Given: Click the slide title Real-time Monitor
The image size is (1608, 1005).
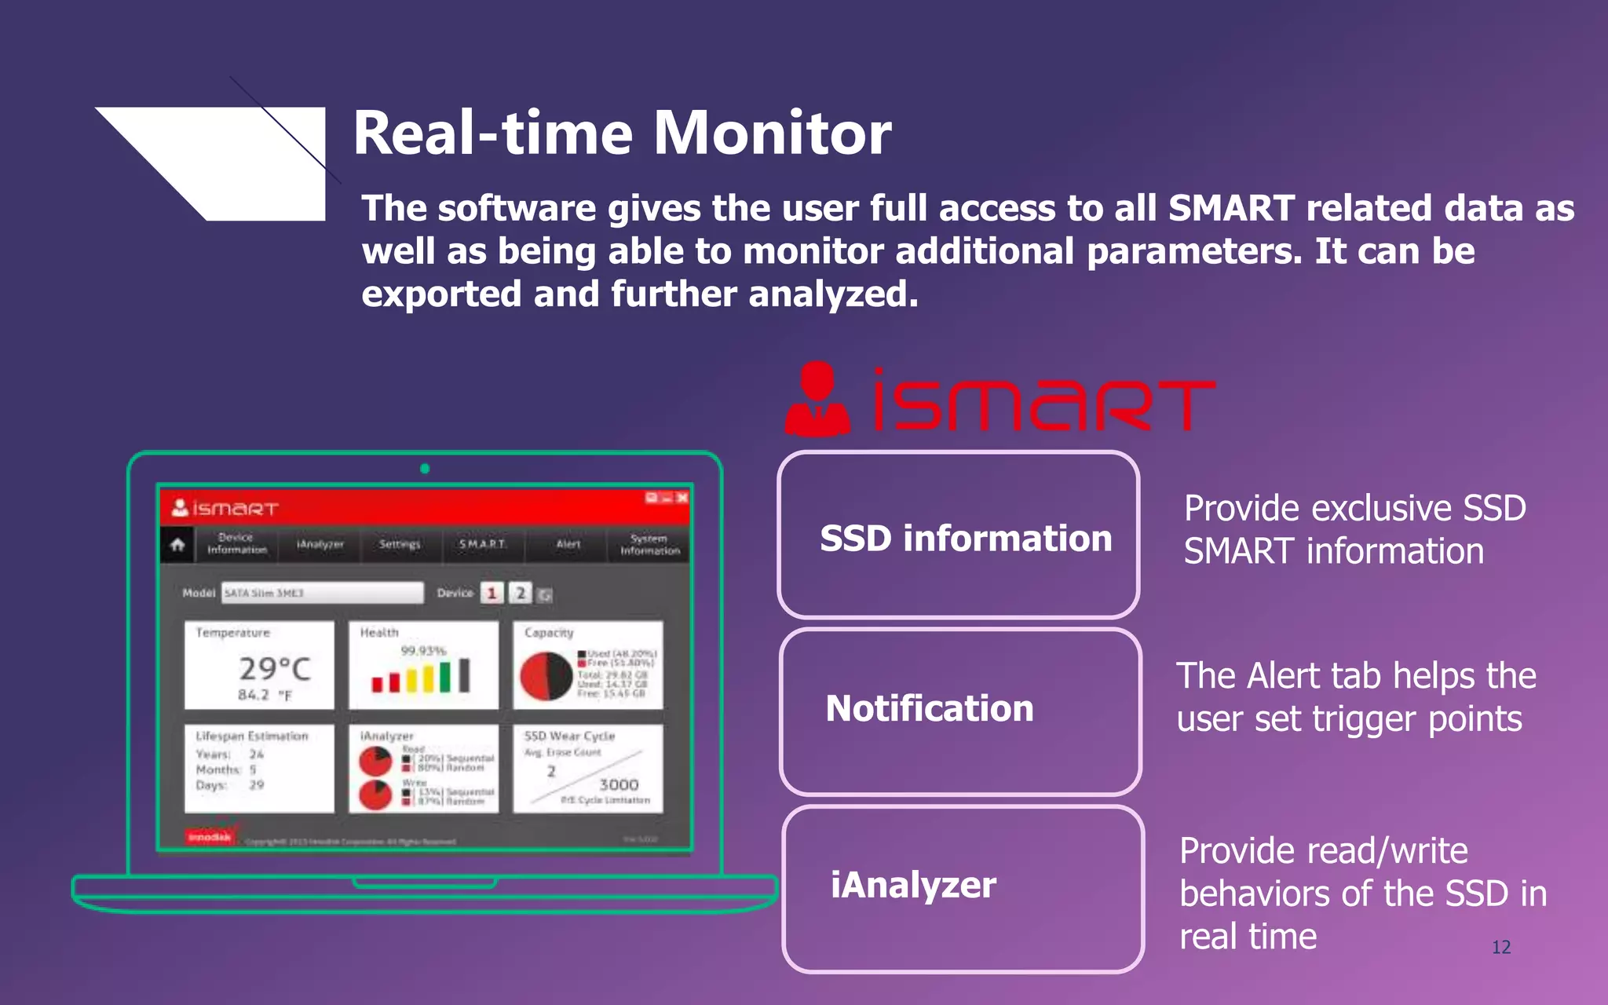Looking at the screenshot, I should click(622, 133).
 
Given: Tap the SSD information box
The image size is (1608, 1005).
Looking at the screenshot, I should click(959, 535).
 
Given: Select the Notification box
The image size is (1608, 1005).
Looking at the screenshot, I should click(960, 711).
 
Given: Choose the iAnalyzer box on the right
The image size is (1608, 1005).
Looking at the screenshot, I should click(963, 888).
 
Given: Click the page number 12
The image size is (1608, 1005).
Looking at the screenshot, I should click(1500, 947).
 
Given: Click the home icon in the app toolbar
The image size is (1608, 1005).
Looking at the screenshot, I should click(177, 544).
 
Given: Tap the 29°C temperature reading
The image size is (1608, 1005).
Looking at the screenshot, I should click(275, 669).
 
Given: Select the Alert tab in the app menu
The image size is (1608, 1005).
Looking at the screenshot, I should click(568, 544).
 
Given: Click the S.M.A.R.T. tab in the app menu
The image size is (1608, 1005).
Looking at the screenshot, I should click(483, 544).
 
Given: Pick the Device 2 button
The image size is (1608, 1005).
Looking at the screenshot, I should click(520, 593).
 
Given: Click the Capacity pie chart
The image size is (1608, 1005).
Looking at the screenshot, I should click(546, 676).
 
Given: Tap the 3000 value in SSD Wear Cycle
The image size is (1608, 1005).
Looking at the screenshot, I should click(619, 784).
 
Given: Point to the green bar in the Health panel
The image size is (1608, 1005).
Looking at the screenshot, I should click(445, 676).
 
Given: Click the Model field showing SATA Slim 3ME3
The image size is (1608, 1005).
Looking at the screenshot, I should click(322, 593).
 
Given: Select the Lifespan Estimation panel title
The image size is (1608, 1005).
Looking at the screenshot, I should click(251, 736).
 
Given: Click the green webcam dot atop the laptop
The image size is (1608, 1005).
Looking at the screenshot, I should click(425, 469).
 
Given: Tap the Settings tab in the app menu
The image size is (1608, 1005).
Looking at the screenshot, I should click(399, 544).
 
